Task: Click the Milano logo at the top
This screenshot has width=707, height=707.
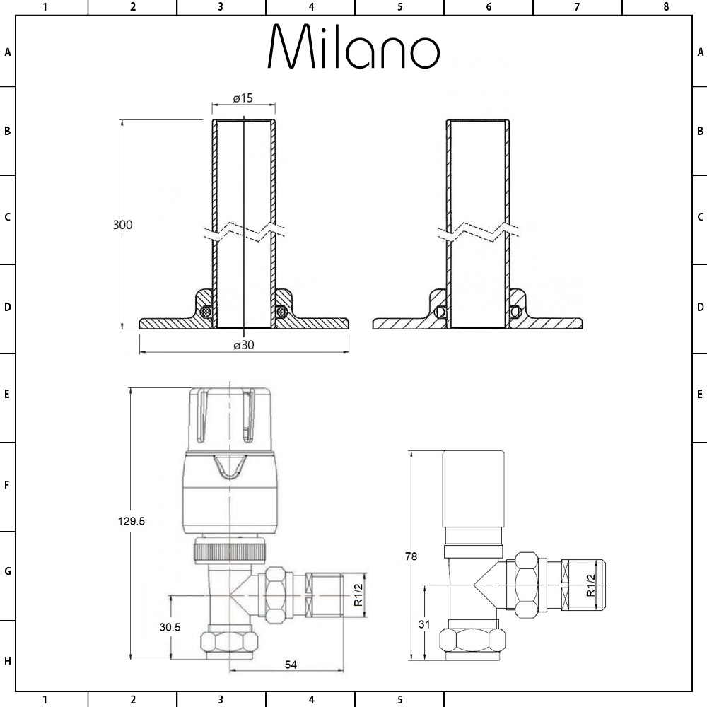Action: point(353,48)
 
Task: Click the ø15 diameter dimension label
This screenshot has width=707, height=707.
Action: point(243,98)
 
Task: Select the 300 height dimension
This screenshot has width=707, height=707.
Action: point(123,224)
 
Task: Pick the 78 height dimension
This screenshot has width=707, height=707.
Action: point(411,556)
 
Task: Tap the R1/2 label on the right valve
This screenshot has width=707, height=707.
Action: point(591,585)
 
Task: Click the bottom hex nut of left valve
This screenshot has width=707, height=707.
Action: point(230,642)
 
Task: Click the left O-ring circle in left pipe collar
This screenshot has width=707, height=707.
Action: point(206,311)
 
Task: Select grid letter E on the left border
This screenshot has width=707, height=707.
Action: point(8,394)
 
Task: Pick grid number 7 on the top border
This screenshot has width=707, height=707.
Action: point(577,7)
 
